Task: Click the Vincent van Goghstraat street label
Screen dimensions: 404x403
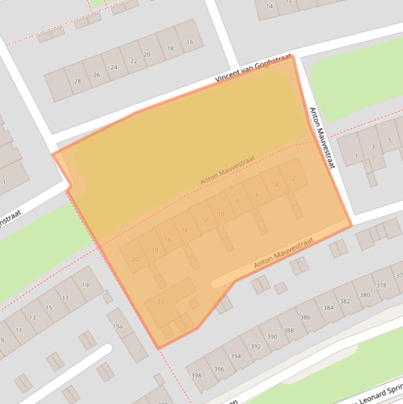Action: tap(253, 70)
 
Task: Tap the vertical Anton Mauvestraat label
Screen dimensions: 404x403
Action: tap(321, 137)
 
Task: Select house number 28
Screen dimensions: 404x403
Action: tap(78, 81)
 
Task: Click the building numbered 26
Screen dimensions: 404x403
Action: tap(96, 75)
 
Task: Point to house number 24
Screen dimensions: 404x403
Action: tap(114, 67)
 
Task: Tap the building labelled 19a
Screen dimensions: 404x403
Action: tap(118, 326)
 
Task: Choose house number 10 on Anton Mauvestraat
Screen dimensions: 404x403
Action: tap(221, 214)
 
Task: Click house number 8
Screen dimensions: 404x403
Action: tap(237, 201)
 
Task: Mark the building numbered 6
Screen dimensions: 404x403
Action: tap(257, 195)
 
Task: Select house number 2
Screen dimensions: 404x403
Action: tap(293, 178)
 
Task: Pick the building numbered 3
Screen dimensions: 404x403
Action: tap(373, 146)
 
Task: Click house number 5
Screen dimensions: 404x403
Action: tap(389, 140)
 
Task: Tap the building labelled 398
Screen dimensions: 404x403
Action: tap(196, 375)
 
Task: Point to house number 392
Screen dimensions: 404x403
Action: tap(255, 346)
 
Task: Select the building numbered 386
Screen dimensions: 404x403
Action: tap(305, 317)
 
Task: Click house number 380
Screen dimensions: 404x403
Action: tap(364, 295)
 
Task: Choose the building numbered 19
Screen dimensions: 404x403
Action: tap(85, 285)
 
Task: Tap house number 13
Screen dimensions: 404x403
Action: tap(32, 317)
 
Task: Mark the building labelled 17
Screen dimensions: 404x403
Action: tap(65, 297)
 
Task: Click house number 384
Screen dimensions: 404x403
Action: tap(328, 307)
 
